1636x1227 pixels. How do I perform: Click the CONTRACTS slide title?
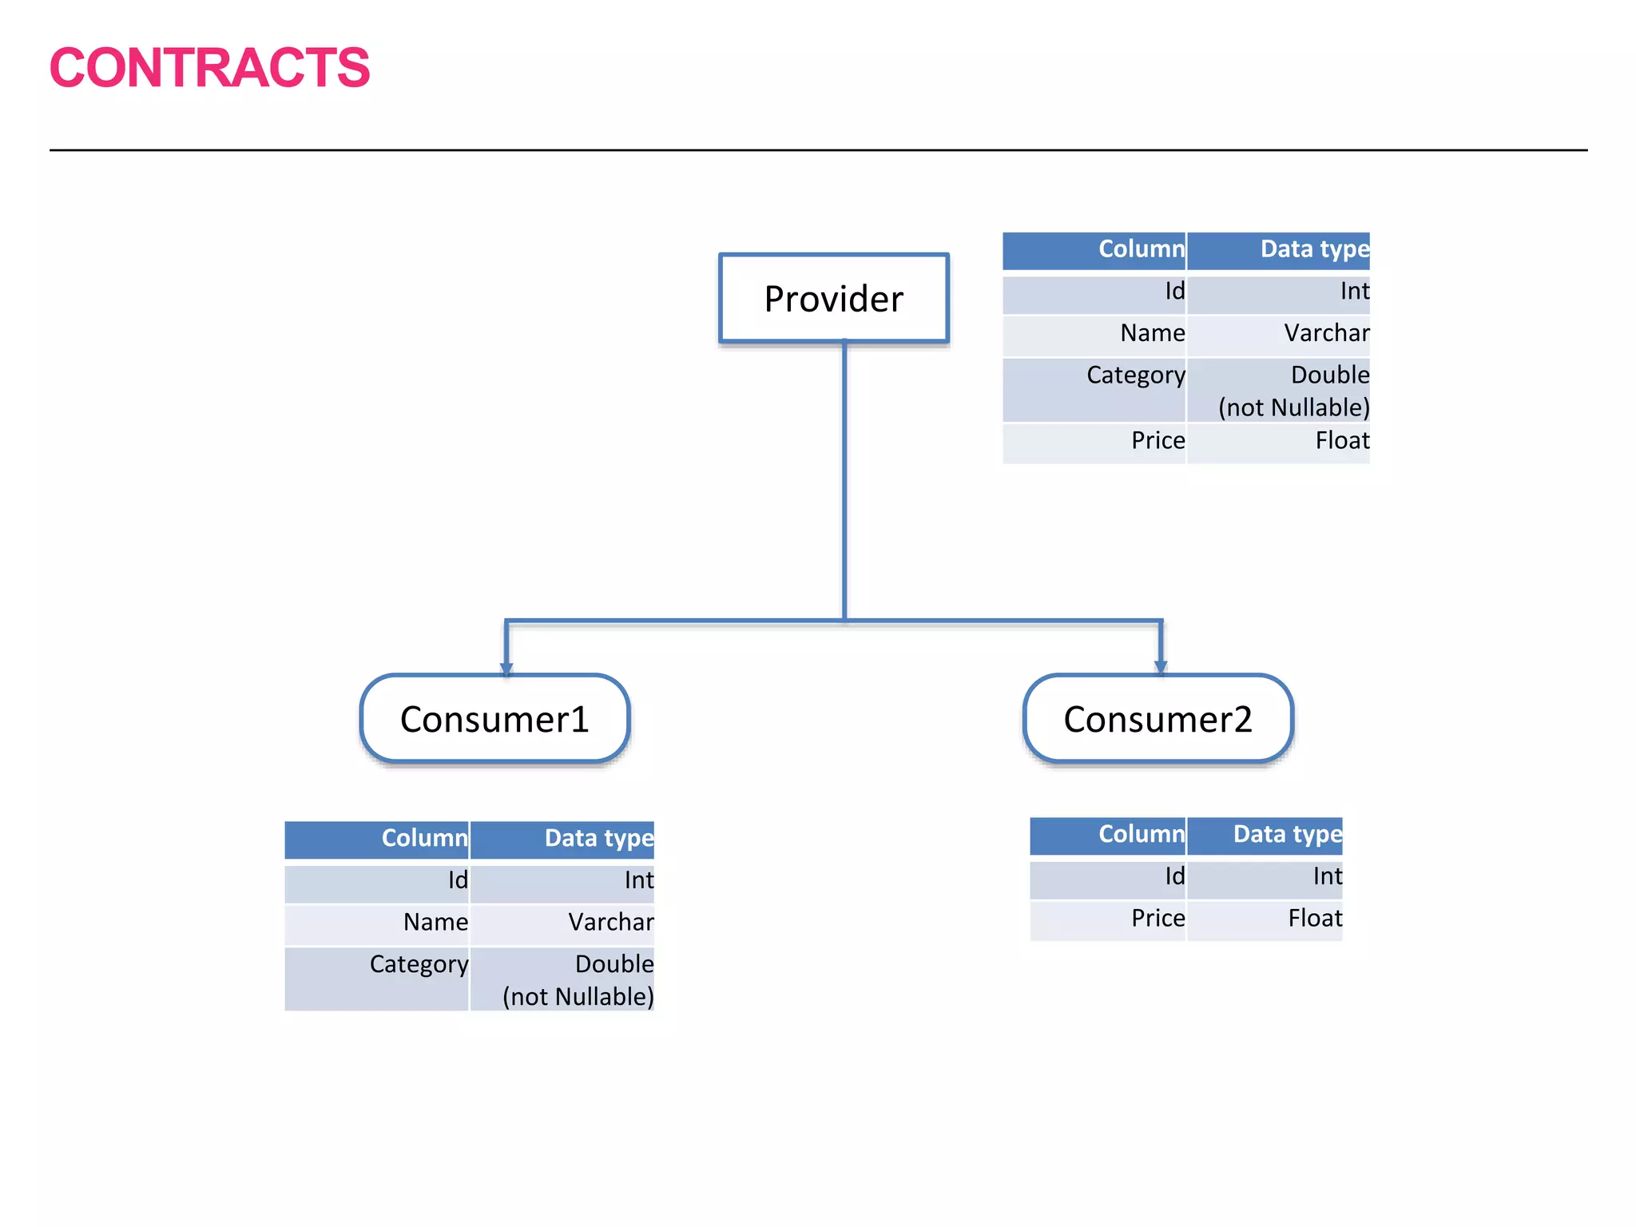(x=209, y=68)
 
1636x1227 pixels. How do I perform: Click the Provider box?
(x=833, y=299)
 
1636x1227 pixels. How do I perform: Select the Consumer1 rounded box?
(x=494, y=719)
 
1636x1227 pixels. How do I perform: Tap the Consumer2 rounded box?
(x=1158, y=719)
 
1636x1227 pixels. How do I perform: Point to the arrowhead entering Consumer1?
(x=506, y=668)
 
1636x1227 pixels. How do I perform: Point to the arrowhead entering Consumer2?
(x=1161, y=666)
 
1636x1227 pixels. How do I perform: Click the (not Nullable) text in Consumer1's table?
(x=578, y=997)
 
